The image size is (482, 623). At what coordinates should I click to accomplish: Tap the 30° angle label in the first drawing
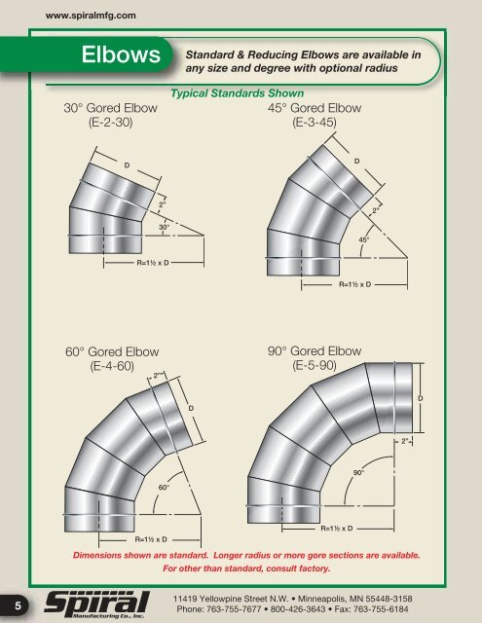coord(166,227)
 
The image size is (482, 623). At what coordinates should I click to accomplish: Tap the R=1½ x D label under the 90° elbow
coord(336,528)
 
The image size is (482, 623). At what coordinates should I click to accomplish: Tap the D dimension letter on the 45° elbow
coord(356,160)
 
